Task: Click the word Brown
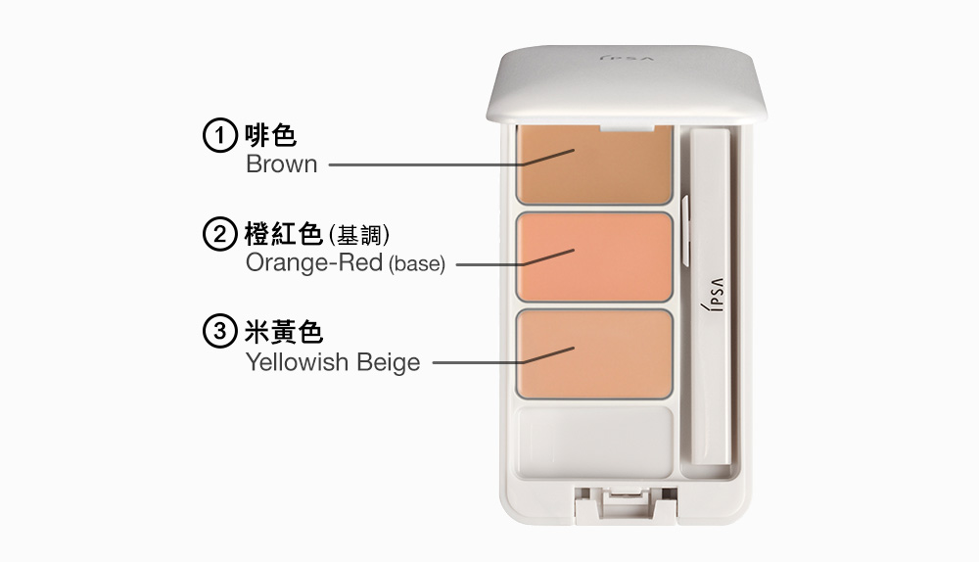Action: [282, 164]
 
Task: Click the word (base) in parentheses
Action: [417, 264]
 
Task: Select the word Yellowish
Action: [298, 362]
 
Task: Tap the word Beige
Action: [388, 363]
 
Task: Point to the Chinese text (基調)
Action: [361, 235]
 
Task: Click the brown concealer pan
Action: [594, 164]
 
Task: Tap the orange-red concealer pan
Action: [594, 257]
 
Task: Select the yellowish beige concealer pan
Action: [594, 352]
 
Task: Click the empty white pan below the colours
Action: [594, 442]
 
